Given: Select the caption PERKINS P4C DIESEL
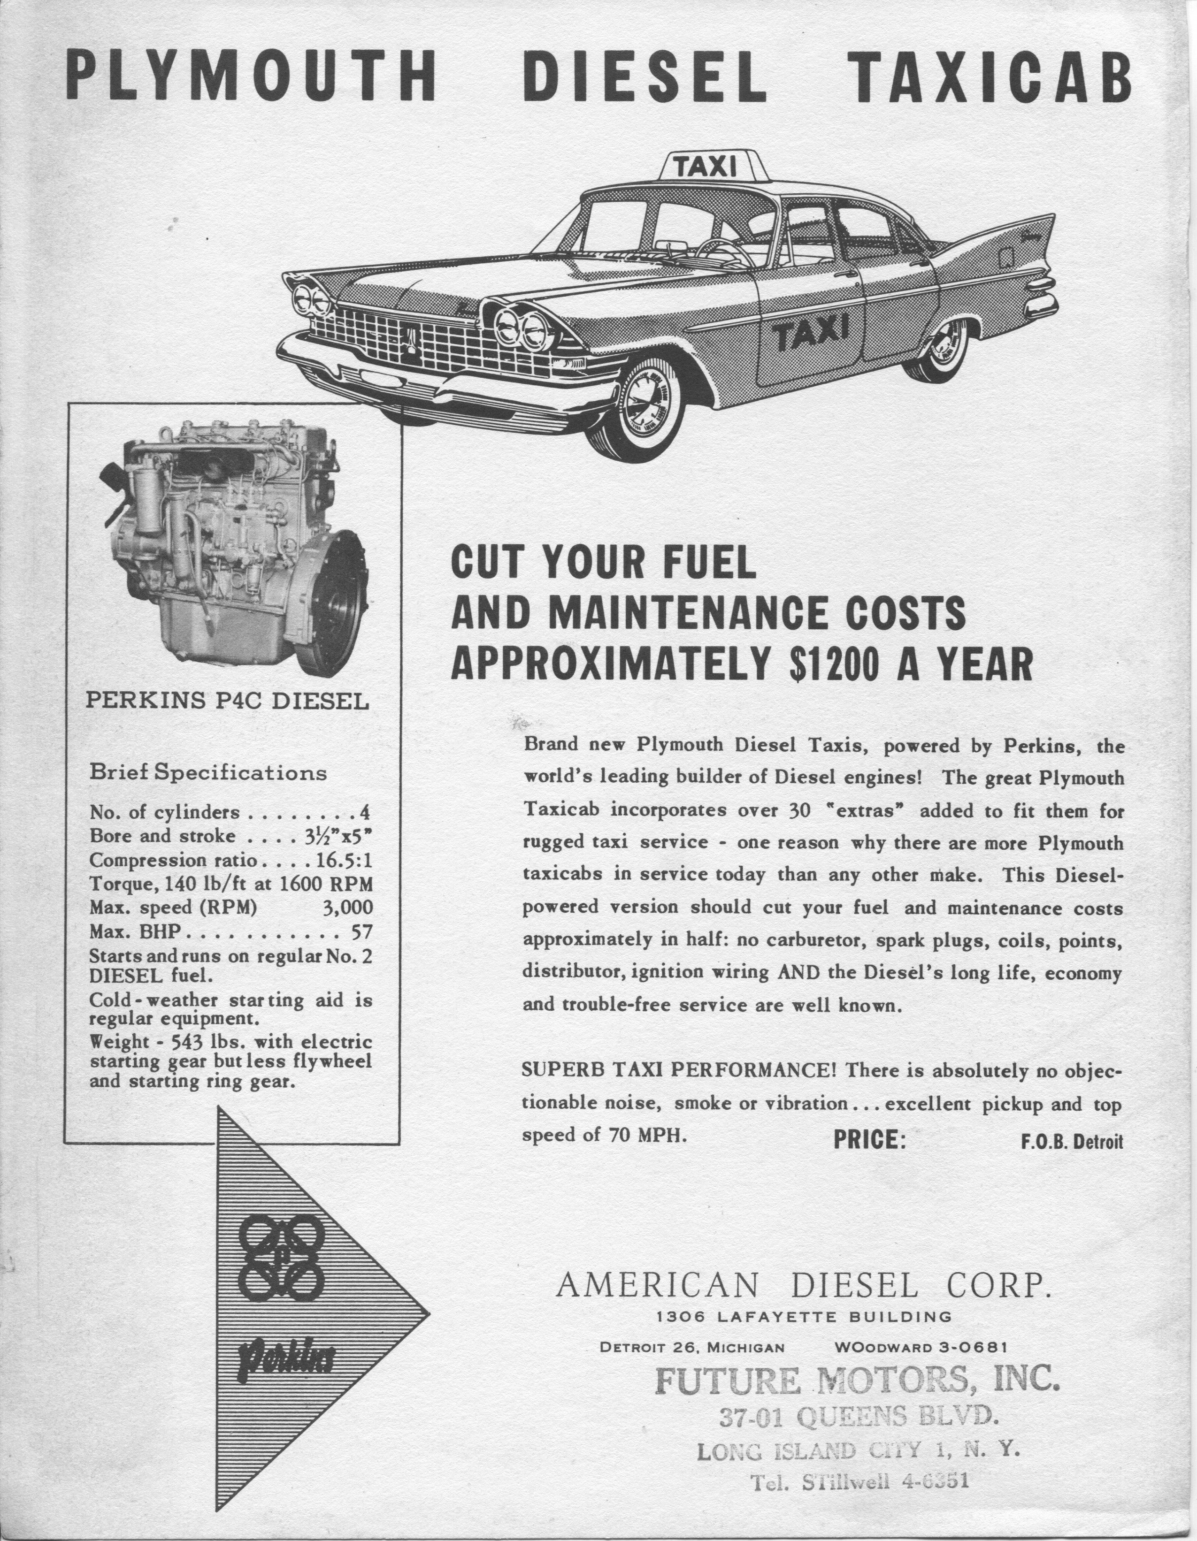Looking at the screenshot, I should click(x=227, y=701).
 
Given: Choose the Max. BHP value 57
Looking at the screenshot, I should click(x=361, y=932).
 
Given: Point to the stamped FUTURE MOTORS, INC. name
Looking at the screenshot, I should click(x=857, y=1379).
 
